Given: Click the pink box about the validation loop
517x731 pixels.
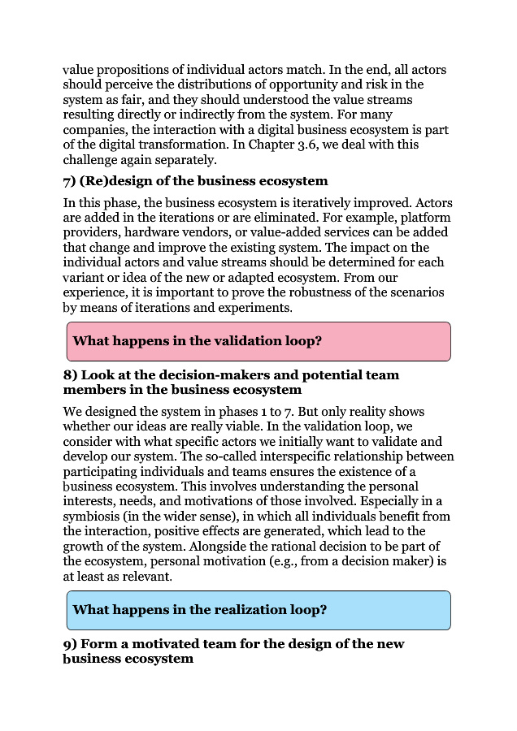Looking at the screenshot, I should (x=258, y=341).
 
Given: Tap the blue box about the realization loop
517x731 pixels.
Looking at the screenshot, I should (x=258, y=610).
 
